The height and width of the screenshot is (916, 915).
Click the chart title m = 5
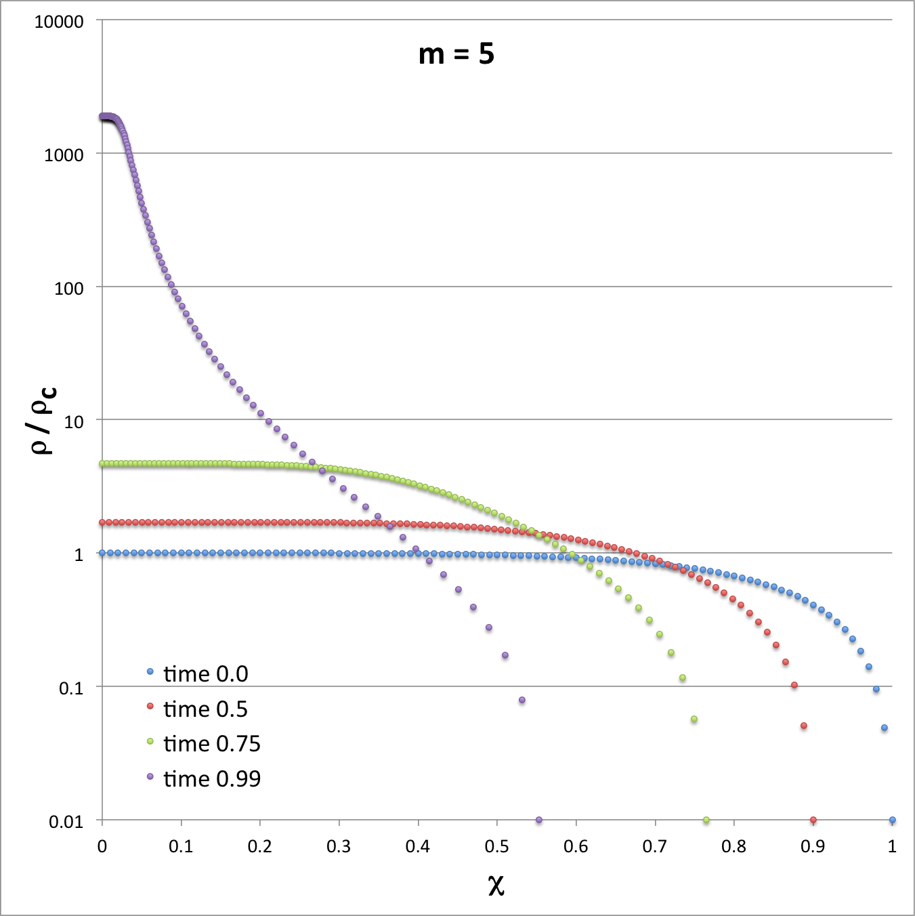(456, 54)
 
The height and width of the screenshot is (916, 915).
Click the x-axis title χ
(496, 884)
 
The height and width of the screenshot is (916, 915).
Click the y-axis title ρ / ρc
(44, 420)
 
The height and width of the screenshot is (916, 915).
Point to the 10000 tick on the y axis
(59, 22)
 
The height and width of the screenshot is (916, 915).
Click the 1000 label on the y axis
(64, 155)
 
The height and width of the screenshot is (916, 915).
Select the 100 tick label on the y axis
(68, 289)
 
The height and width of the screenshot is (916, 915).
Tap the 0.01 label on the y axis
(66, 822)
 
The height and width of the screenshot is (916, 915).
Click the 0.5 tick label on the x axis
(496, 847)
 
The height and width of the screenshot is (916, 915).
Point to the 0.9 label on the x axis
(813, 847)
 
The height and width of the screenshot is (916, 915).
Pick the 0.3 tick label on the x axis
(339, 847)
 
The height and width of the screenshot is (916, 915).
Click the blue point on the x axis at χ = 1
(892, 820)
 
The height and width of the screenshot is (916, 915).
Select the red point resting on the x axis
(813, 820)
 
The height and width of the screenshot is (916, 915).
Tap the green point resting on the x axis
(706, 820)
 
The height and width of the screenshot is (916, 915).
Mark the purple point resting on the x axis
(538, 820)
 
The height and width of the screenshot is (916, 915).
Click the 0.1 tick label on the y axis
(71, 688)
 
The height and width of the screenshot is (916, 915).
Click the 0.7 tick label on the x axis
(655, 847)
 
